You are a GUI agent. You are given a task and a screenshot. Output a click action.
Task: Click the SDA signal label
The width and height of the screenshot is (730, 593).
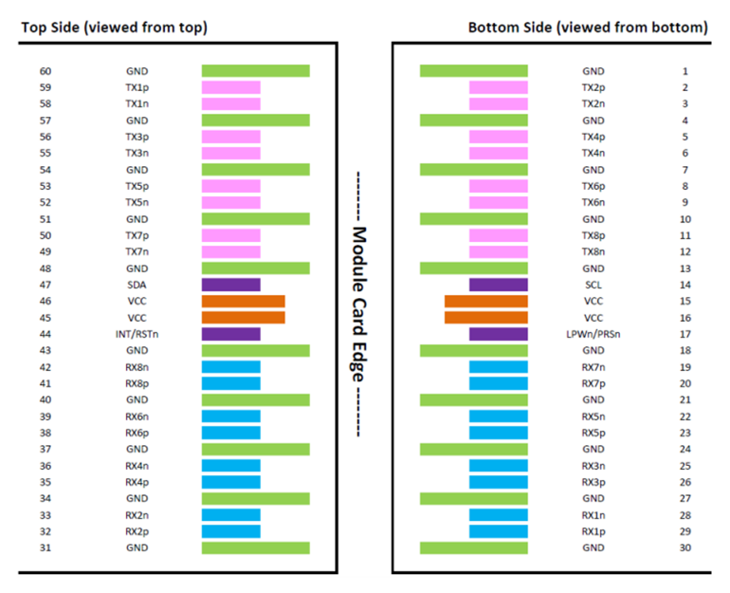[x=137, y=285]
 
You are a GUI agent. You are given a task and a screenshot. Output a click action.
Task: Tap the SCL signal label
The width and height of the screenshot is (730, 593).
[x=593, y=285]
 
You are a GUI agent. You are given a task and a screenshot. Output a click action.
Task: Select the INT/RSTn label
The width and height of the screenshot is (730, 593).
[x=137, y=334]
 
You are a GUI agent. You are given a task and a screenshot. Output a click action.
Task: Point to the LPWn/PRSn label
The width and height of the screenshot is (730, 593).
[x=593, y=334]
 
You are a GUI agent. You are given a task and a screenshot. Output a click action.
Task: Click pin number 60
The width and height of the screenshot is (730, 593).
[x=46, y=71]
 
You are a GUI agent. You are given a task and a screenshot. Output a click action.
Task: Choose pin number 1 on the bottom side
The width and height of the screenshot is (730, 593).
[x=684, y=71]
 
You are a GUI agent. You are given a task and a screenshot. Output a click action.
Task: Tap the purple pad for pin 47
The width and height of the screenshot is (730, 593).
[x=231, y=285]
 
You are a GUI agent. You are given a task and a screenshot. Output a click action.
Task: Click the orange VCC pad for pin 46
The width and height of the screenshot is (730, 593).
[x=243, y=302]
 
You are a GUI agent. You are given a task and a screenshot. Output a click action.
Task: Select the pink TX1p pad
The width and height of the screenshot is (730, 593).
[x=231, y=87]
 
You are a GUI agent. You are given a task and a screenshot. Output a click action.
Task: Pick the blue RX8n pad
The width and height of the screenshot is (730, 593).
[x=231, y=367]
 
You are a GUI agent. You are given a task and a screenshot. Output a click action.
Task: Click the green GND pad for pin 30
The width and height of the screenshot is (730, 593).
[x=474, y=547]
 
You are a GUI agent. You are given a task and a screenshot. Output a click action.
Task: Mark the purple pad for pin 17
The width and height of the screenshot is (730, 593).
[x=499, y=334]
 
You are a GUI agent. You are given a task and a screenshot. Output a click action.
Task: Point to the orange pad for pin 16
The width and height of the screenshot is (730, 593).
[x=486, y=318]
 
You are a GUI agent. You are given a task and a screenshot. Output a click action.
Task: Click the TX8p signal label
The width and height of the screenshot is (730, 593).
[x=593, y=235]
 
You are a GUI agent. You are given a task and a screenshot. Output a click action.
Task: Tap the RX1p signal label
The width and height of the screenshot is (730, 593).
[x=593, y=531]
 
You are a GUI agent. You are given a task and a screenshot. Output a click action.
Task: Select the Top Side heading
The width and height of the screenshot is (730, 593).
[x=114, y=28]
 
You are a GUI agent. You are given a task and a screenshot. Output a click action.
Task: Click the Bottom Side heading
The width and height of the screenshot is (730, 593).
[x=588, y=28]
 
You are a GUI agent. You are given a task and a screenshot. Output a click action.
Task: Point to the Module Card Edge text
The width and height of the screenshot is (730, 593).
[x=358, y=305]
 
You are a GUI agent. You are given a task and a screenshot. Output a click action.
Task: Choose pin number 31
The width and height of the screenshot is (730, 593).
[x=46, y=547]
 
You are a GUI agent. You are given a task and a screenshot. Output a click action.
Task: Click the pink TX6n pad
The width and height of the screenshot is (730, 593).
[x=499, y=203]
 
